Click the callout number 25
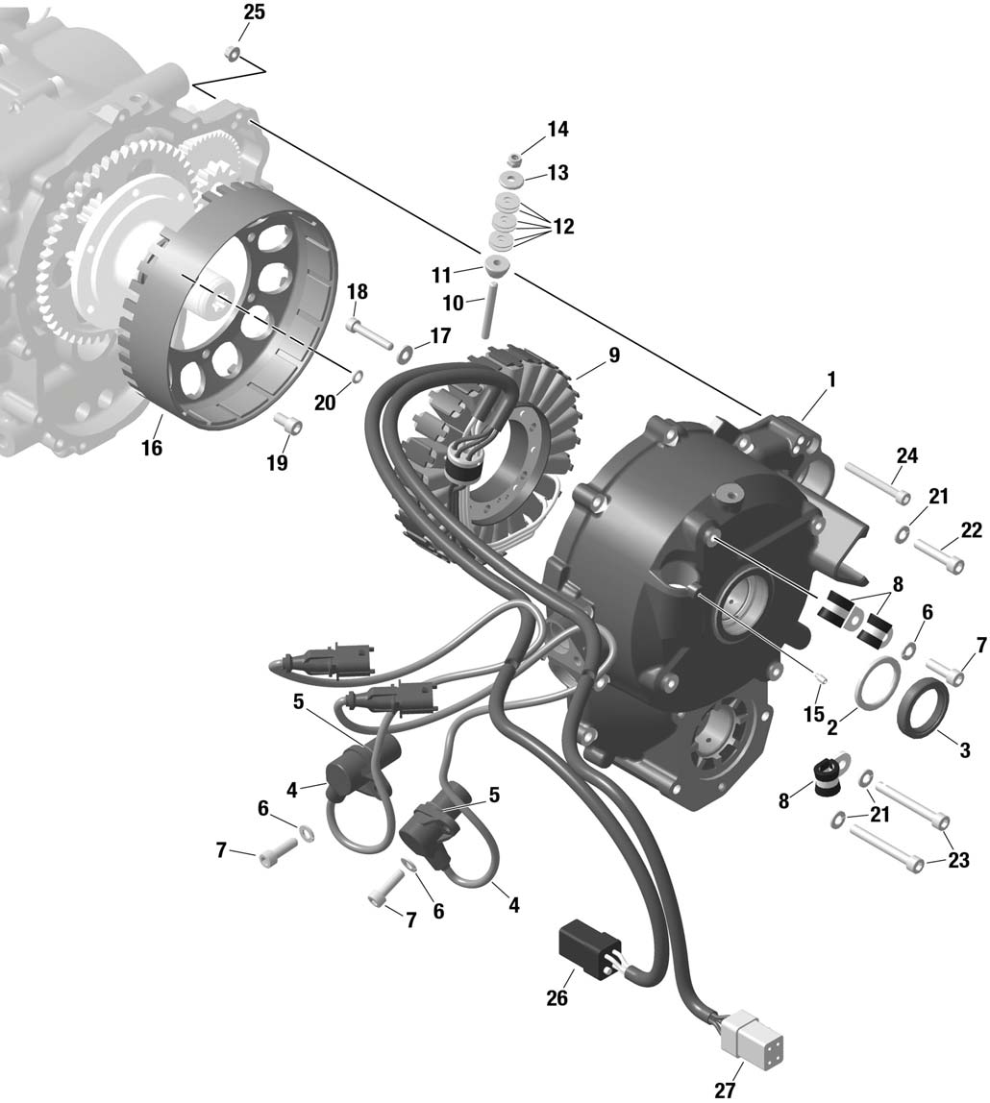[x=254, y=12]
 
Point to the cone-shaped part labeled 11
[x=497, y=266]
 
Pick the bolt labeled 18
[x=369, y=334]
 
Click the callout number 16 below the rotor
[x=151, y=447]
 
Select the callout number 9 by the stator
[x=613, y=355]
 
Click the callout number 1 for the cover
[x=831, y=380]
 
